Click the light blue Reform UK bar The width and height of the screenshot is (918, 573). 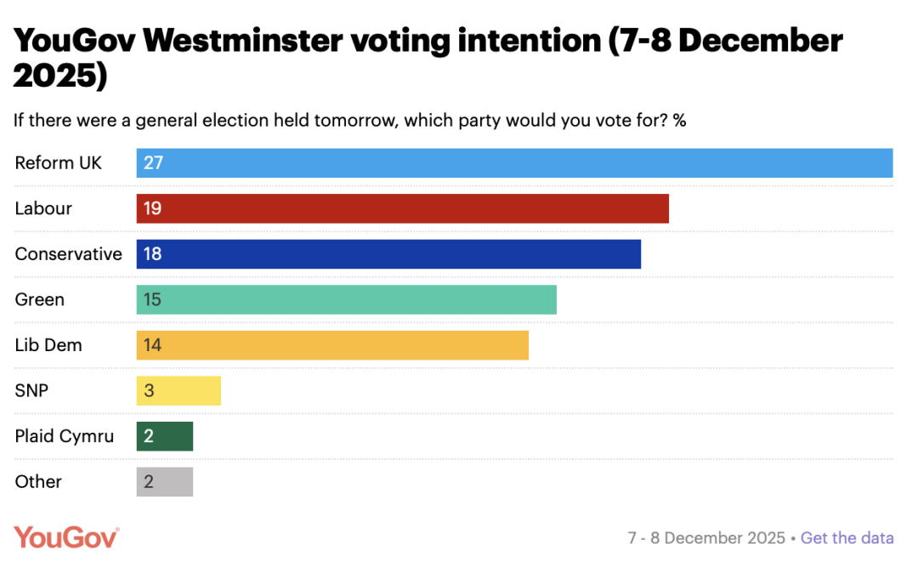click(514, 163)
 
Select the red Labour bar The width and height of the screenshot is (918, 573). click(403, 209)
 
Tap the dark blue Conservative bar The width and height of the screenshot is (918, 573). click(388, 254)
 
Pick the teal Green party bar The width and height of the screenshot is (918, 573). click(347, 300)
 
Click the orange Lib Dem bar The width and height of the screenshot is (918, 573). click(332, 345)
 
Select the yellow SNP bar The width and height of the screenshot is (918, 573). click(178, 391)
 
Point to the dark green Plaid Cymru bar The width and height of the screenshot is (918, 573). click(165, 436)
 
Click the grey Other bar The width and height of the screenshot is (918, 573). click(165, 482)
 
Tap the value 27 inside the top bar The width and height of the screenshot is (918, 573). click(153, 163)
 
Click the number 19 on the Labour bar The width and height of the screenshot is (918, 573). click(152, 209)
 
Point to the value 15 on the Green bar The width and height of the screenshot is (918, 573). click(152, 300)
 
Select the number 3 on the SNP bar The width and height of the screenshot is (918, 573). click(149, 391)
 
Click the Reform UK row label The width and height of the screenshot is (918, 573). click(58, 163)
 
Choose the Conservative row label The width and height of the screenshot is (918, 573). click(68, 254)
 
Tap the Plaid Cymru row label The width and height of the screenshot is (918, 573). click(64, 436)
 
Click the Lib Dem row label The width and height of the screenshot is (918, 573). click(48, 345)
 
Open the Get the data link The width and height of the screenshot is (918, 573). click(847, 538)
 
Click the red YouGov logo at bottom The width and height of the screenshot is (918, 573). click(66, 537)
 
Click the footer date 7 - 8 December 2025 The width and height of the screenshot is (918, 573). click(706, 538)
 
